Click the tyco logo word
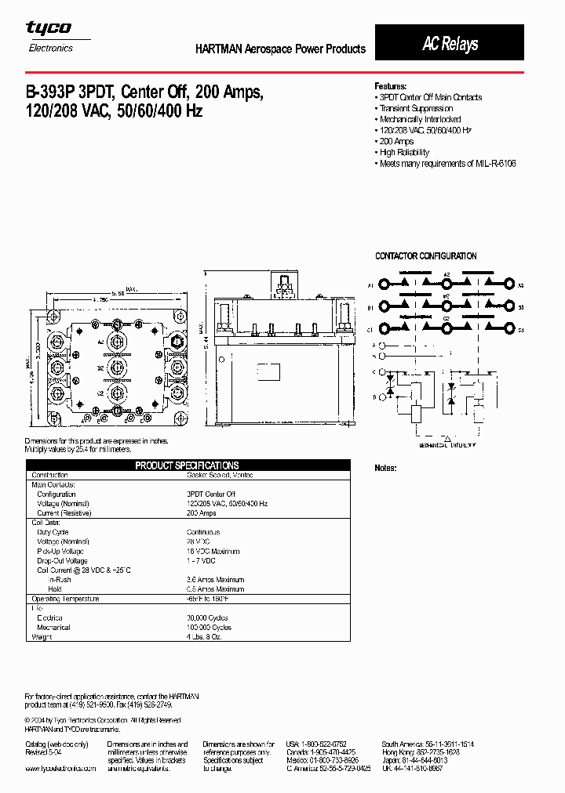pyautogui.click(x=49, y=28)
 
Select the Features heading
pyautogui.click(x=390, y=86)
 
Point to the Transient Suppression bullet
pyautogui.click(x=416, y=108)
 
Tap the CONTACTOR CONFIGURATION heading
pyautogui.click(x=425, y=256)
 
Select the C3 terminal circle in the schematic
pyautogui.click(x=508, y=330)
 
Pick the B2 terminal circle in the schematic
pyautogui.click(x=446, y=307)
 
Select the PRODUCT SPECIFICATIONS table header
pyautogui.click(x=187, y=465)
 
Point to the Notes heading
pyautogui.click(x=385, y=468)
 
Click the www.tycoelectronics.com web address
pyautogui.click(x=60, y=769)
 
